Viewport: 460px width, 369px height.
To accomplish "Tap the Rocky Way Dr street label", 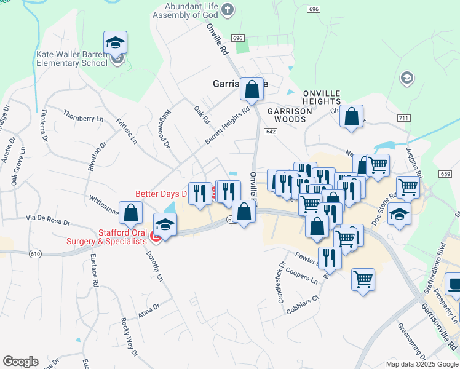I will click(x=129, y=337).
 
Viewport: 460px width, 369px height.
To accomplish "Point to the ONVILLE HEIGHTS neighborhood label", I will click(x=322, y=97).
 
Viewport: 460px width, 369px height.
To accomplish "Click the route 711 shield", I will click(x=403, y=117).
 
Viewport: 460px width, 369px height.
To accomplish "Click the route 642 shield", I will click(x=271, y=132).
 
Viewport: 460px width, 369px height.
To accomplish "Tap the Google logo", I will click(x=20, y=362).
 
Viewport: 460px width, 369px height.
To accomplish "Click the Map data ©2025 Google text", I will click(x=421, y=364).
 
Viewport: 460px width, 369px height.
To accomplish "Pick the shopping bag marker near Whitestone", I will click(x=132, y=214).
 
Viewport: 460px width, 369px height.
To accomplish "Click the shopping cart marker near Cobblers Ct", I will click(x=363, y=280).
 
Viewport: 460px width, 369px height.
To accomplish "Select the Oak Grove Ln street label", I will click(x=18, y=167).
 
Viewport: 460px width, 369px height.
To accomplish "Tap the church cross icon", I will click(x=228, y=9).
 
